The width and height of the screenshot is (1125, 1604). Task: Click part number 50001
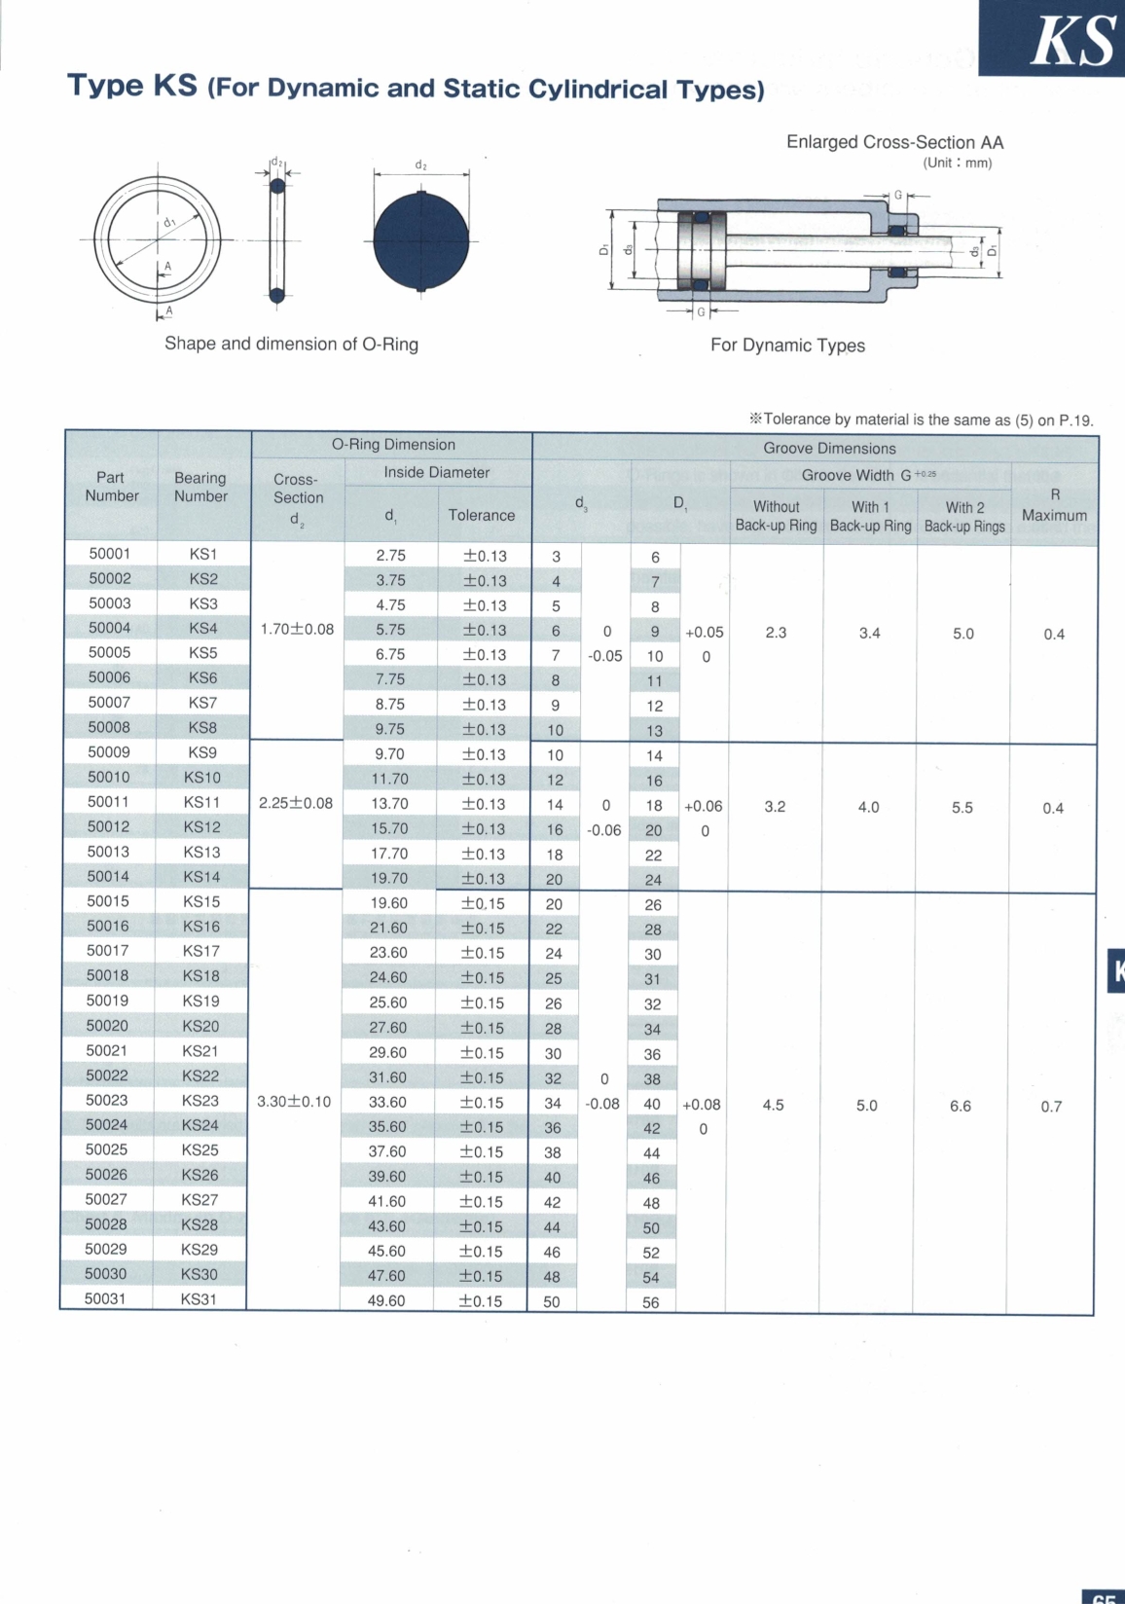click(110, 554)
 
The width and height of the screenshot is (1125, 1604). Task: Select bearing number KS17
click(201, 951)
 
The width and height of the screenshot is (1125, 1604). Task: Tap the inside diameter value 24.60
click(388, 977)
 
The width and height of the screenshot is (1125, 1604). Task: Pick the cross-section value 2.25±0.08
click(296, 803)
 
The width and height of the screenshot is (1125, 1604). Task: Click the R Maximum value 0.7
click(1051, 1107)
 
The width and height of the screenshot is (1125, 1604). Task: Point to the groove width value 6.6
click(961, 1106)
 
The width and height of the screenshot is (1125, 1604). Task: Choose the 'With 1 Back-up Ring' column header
click(870, 516)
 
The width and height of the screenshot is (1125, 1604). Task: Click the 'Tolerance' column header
click(482, 515)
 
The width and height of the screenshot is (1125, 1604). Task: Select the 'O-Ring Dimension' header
click(393, 445)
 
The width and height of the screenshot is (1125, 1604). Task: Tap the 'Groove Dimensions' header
click(829, 448)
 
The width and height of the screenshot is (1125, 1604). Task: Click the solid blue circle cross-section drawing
click(421, 241)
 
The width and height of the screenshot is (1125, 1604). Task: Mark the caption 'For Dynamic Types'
click(787, 346)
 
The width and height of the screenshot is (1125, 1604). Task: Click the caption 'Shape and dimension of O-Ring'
click(291, 344)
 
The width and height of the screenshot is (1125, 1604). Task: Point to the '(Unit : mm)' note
click(958, 163)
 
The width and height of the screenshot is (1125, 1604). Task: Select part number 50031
click(105, 1298)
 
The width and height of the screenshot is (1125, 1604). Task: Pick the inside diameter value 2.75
click(390, 556)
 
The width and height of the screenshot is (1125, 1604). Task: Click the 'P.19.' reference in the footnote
click(1076, 420)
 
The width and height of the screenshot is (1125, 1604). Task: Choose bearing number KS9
click(202, 752)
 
